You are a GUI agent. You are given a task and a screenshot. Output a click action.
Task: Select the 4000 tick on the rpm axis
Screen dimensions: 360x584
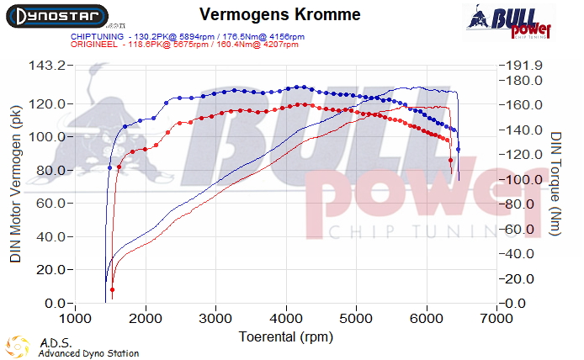click(286, 319)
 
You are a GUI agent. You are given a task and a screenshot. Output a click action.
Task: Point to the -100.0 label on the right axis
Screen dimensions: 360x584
click(519, 180)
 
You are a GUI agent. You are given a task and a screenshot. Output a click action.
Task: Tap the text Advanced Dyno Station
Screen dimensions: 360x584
click(88, 354)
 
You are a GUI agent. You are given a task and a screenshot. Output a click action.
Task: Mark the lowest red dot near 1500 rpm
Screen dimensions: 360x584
click(112, 290)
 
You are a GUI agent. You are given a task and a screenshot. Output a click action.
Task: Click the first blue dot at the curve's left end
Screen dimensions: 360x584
click(109, 168)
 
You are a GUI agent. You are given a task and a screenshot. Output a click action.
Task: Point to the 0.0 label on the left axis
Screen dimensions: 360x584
click(53, 303)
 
